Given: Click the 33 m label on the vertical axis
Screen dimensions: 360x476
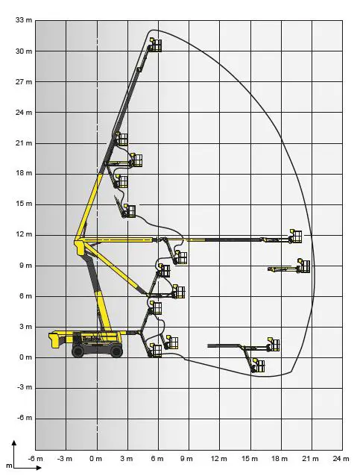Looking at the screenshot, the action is pos(24,20).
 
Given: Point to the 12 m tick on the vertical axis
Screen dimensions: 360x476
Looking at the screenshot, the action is pos(24,235).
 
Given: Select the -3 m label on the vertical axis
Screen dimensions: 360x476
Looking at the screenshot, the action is pos(24,387).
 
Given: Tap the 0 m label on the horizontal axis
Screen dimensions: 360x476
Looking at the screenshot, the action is pos(96,459).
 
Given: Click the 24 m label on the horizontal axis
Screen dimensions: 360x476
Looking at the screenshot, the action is pos(341,459).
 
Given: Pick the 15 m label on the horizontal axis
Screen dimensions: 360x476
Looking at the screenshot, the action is pos(249,459).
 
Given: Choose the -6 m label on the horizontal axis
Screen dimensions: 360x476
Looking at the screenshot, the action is pos(35,459).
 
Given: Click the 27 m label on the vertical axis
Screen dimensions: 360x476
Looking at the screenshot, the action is pos(24,82).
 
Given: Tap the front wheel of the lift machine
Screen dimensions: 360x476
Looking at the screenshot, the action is pos(116,351).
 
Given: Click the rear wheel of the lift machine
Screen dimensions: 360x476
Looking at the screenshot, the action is pos(78,351).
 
